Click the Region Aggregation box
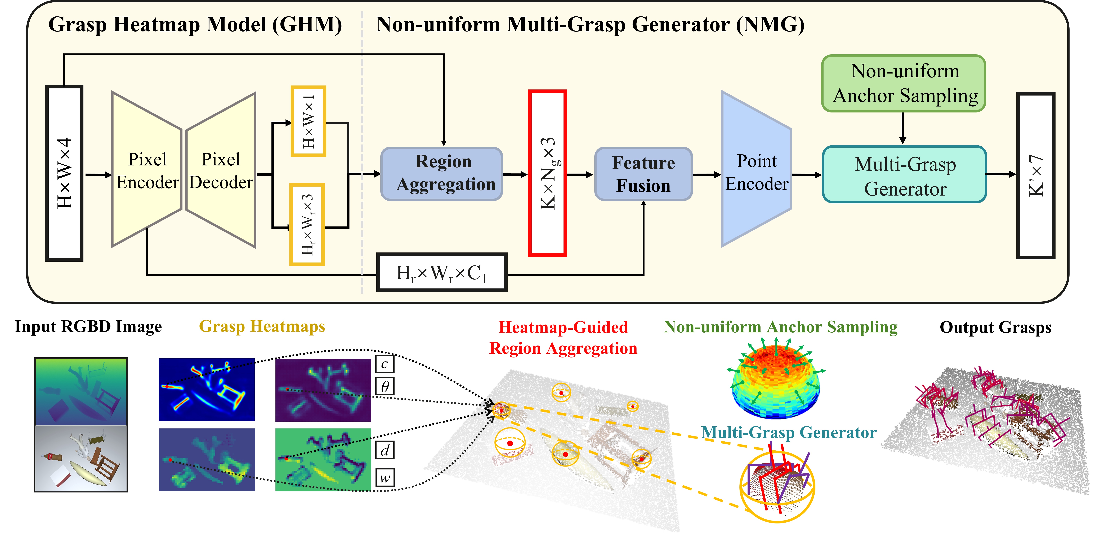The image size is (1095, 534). point(442,174)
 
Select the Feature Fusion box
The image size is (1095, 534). point(643,174)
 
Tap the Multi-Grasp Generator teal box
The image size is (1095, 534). point(904,174)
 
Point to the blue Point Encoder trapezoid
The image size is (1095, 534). point(756,169)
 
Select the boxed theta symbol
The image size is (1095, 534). point(385,386)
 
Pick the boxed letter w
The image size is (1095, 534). point(385,477)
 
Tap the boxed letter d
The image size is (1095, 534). point(385,450)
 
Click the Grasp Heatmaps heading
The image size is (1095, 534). point(262,326)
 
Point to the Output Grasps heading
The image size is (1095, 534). point(995,327)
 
